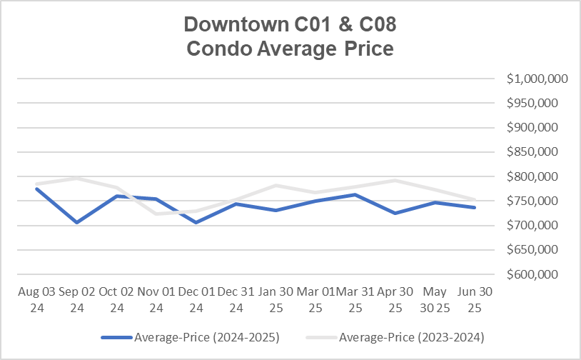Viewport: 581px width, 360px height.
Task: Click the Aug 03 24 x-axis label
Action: tap(36, 300)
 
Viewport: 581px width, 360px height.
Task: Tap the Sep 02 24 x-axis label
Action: tap(76, 300)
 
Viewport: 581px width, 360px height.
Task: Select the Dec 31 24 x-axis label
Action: tap(236, 300)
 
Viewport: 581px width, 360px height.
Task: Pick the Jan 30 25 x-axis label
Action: tap(276, 300)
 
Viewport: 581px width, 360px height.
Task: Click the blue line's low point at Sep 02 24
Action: tap(76, 222)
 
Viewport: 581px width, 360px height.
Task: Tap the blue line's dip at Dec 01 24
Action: tap(196, 222)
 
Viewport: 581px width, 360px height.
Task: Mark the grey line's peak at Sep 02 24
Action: tap(76, 178)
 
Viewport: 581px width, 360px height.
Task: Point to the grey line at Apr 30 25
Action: tap(395, 180)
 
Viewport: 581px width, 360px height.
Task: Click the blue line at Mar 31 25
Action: tap(355, 194)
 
